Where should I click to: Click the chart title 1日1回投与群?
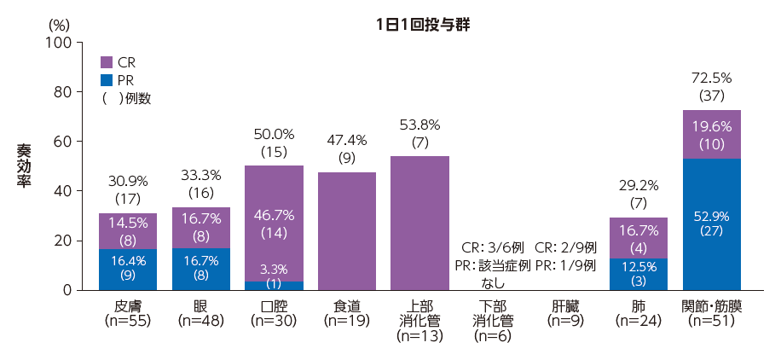coord(423,26)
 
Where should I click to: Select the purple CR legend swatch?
coord(107,61)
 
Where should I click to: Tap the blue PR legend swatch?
coord(107,79)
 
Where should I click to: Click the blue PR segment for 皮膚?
coord(128,270)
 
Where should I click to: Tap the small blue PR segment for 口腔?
coord(274,286)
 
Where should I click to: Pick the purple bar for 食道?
coord(347,231)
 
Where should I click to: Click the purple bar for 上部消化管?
coord(419,224)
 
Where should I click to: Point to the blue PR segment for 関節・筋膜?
coord(711,224)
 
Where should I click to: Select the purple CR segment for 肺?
coord(639,238)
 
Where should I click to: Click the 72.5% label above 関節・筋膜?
coord(711,78)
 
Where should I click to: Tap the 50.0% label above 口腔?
coord(274,134)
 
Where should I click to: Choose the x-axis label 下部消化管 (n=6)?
coord(493,321)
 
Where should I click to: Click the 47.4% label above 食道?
coord(347,139)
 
